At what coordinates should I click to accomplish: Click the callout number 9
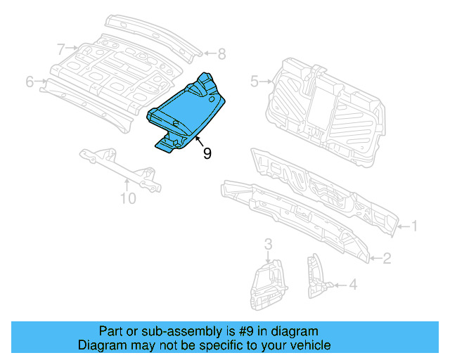click(x=207, y=153)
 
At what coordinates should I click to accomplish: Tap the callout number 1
click(x=414, y=226)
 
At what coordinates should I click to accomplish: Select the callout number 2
click(x=387, y=259)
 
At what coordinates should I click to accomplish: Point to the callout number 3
click(x=268, y=244)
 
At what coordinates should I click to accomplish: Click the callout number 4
click(x=353, y=285)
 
